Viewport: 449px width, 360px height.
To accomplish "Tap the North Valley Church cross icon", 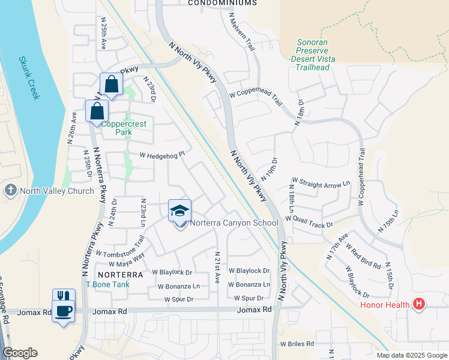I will pos(10,191).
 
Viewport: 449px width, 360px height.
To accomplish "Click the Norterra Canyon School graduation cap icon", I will pos(180,211).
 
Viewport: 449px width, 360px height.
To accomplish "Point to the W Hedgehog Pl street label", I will pos(162,155).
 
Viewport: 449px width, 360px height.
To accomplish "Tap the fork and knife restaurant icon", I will pos(64,297).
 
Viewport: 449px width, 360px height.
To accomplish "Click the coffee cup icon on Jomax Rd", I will pos(64,311).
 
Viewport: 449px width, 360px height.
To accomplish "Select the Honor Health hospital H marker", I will pos(419,305).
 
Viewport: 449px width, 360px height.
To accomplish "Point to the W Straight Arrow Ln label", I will pos(321,181).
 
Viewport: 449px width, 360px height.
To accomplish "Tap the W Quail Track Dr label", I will pos(309,221).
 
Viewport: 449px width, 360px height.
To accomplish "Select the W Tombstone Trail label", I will pos(120,247).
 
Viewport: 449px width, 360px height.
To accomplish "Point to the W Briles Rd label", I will pos(297,344).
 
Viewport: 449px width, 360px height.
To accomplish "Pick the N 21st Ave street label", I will pos(217,268).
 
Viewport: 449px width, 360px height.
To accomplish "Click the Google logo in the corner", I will pos(20,353).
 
